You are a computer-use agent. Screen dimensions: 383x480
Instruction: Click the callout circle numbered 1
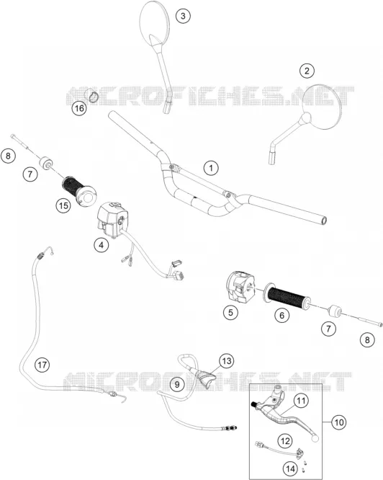[211, 168]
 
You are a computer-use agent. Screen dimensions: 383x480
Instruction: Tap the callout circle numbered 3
[183, 16]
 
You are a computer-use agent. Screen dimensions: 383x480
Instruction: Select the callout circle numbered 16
[79, 108]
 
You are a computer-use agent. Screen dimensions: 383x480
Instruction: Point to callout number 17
[42, 365]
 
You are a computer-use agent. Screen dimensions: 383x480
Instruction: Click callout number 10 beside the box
[338, 422]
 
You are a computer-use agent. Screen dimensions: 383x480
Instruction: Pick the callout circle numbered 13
[227, 361]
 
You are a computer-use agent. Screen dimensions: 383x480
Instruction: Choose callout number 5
[230, 312]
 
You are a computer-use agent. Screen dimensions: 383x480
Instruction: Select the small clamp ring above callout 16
[93, 94]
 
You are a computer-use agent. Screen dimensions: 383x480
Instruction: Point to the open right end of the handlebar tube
[324, 220]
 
